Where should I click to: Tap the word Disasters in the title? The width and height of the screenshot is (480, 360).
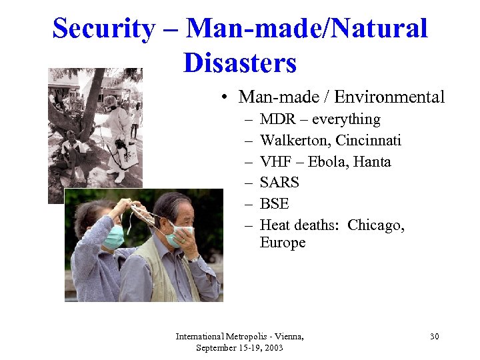[x=239, y=63]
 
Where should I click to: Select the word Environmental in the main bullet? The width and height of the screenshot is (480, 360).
[x=389, y=97]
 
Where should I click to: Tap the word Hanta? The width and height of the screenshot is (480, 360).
[x=371, y=162]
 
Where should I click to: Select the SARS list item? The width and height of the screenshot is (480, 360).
[x=279, y=183]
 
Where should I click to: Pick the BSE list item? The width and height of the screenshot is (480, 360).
[x=275, y=203]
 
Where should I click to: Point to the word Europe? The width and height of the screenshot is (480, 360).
[x=283, y=243]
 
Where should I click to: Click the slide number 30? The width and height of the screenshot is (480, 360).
[x=434, y=337]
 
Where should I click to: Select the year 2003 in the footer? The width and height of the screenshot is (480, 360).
[x=270, y=349]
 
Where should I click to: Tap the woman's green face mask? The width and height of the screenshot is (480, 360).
[x=113, y=237]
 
